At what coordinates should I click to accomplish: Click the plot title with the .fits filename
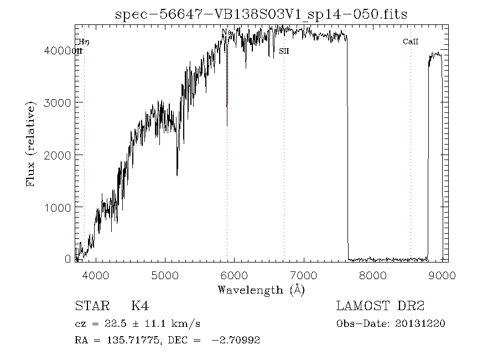(x=261, y=14)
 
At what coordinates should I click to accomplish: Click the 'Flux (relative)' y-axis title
(x=32, y=143)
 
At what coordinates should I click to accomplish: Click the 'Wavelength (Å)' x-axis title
(x=261, y=289)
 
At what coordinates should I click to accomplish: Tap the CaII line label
(x=410, y=42)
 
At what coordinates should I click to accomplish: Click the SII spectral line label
(x=284, y=51)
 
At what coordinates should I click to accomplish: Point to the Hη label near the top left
(x=84, y=42)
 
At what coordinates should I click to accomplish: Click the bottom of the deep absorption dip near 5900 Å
(x=227, y=125)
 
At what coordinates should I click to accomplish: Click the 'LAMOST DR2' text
(x=380, y=306)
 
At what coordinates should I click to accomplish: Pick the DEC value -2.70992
(x=236, y=340)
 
